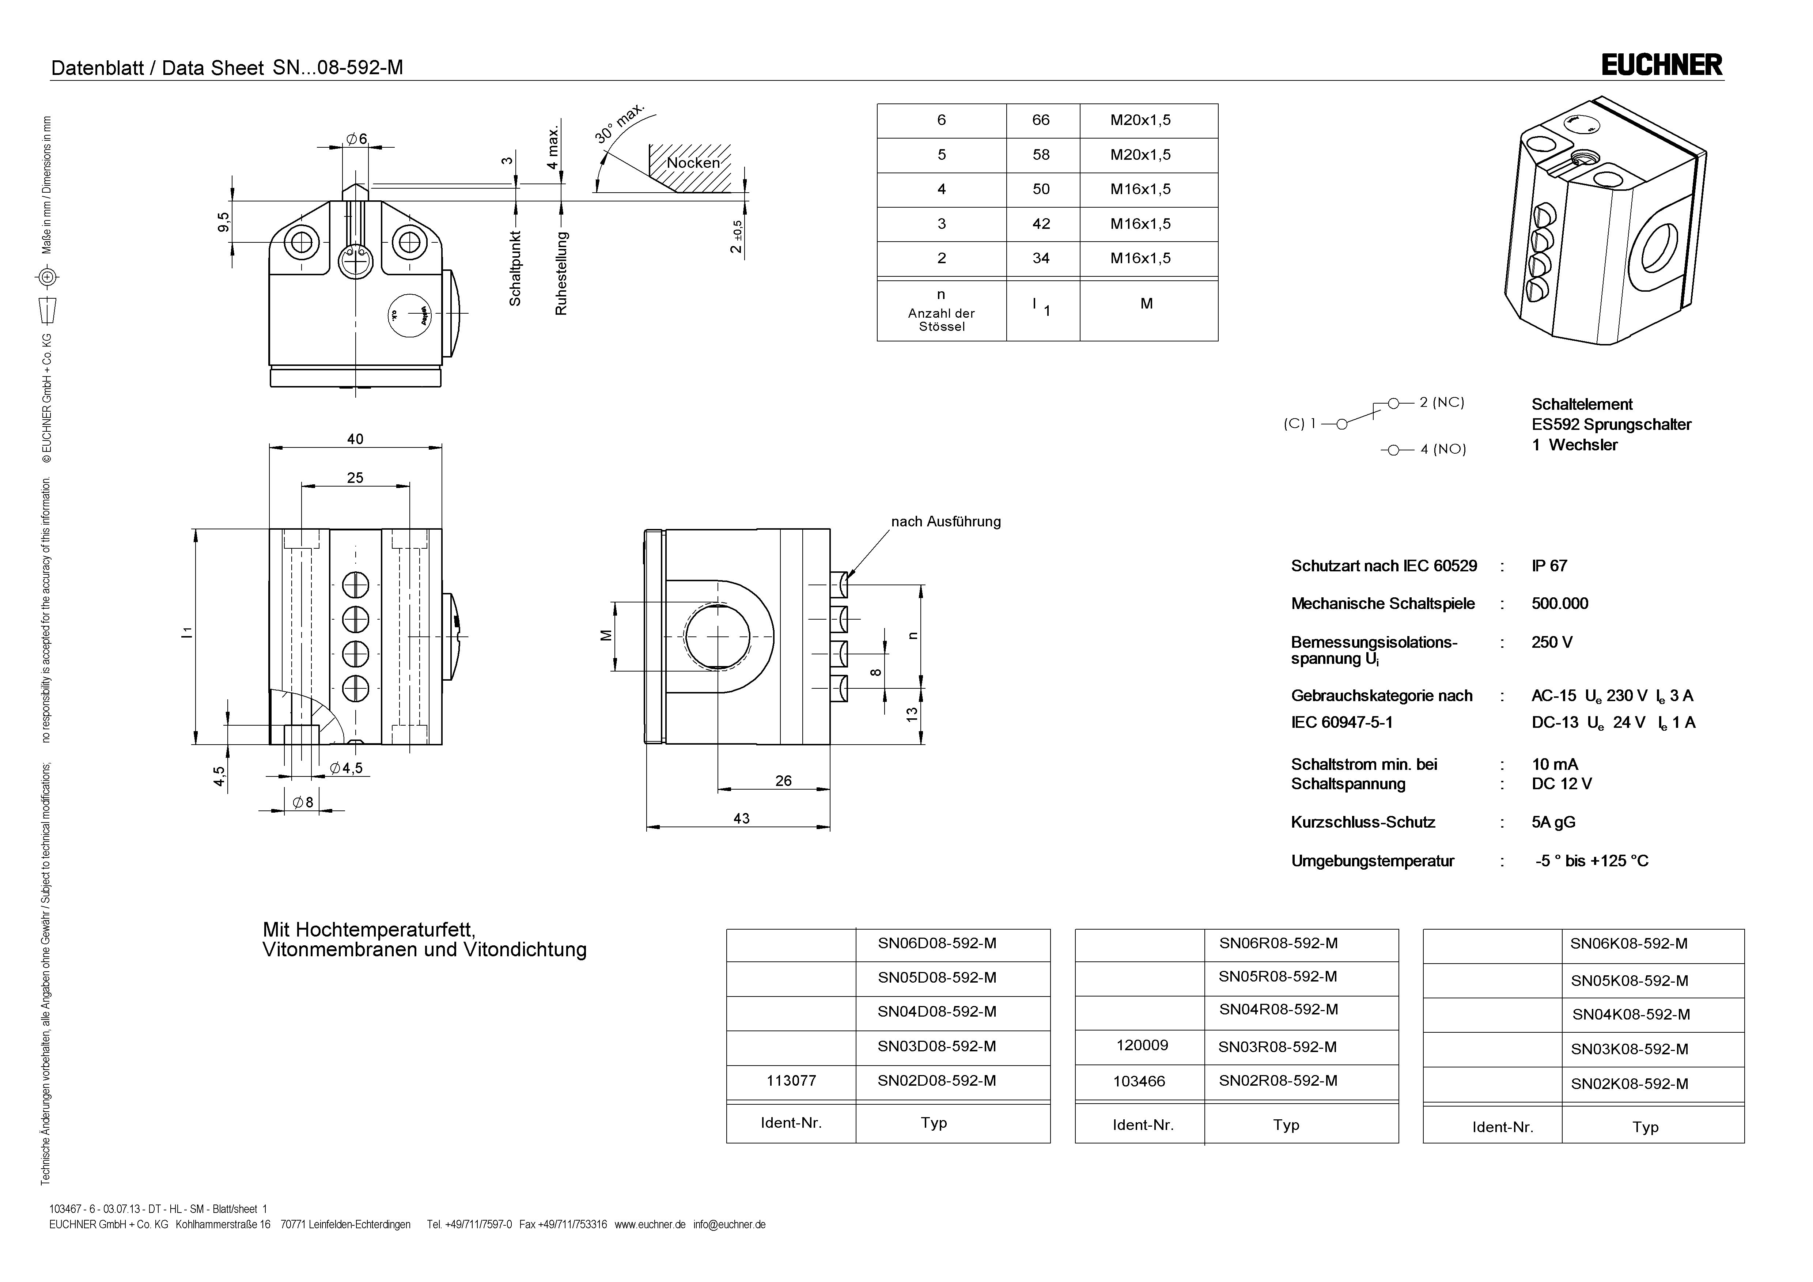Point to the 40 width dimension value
(x=355, y=439)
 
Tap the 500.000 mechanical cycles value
(x=1560, y=604)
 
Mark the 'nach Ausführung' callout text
(x=945, y=521)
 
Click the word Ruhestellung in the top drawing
(x=561, y=272)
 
